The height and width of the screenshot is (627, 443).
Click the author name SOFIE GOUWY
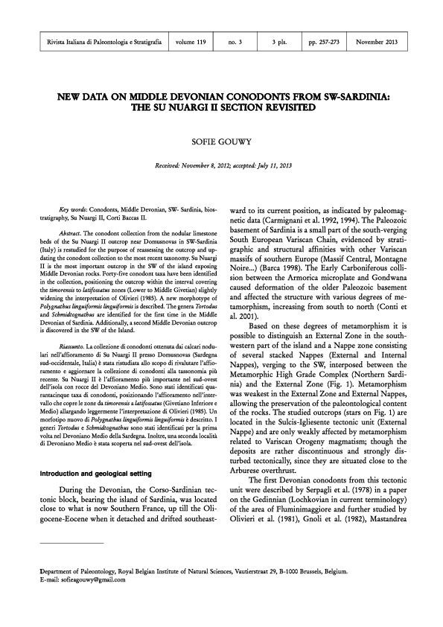coord(221,137)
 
